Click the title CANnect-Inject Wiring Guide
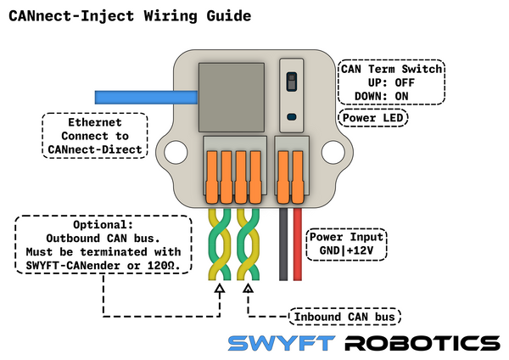pos(119,15)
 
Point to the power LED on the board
pos(291,116)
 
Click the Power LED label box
pos(372,118)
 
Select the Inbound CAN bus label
pos(344,318)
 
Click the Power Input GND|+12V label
pos(346,245)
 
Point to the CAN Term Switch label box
pos(391,82)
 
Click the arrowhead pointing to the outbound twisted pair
pos(219,290)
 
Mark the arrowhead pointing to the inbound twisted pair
pos(248,290)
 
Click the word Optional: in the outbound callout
pos(103,225)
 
